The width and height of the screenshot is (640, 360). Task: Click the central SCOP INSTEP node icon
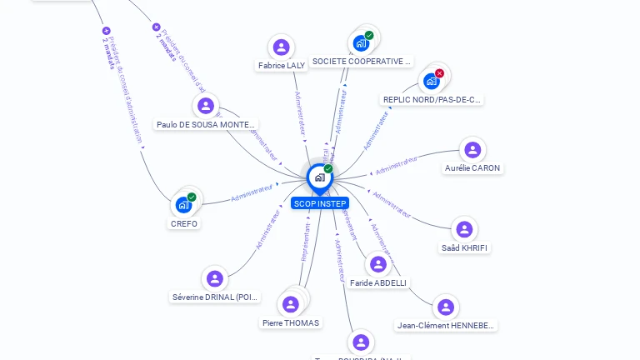pos(319,177)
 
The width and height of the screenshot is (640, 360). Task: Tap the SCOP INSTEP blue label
pos(320,203)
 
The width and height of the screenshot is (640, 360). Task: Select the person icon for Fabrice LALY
pos(282,47)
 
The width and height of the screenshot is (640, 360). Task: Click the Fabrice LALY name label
pos(282,65)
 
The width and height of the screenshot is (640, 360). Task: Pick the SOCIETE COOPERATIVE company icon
pos(361,42)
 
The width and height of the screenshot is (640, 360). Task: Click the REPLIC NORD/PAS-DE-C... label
pos(432,100)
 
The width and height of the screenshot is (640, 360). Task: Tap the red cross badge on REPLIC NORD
pos(439,73)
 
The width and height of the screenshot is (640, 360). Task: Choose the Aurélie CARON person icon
pos(472,150)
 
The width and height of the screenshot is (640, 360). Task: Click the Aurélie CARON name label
pos(472,168)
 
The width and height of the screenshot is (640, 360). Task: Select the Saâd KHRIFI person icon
pos(464,229)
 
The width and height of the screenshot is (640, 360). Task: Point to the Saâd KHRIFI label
pos(465,248)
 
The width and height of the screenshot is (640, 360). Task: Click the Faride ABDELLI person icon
pos(378,264)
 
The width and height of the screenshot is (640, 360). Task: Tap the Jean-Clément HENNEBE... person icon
pos(446,307)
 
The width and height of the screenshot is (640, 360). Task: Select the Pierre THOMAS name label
pos(291,323)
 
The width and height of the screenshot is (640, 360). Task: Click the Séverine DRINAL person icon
pos(215,278)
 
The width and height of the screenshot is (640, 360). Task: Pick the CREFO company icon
pos(183,205)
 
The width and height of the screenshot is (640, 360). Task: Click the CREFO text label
pos(184,223)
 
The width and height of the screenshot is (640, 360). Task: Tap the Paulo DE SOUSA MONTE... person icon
pos(206,106)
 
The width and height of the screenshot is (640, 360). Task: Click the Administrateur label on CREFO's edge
pos(252,193)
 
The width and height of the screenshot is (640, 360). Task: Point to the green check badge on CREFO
pos(192,197)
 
